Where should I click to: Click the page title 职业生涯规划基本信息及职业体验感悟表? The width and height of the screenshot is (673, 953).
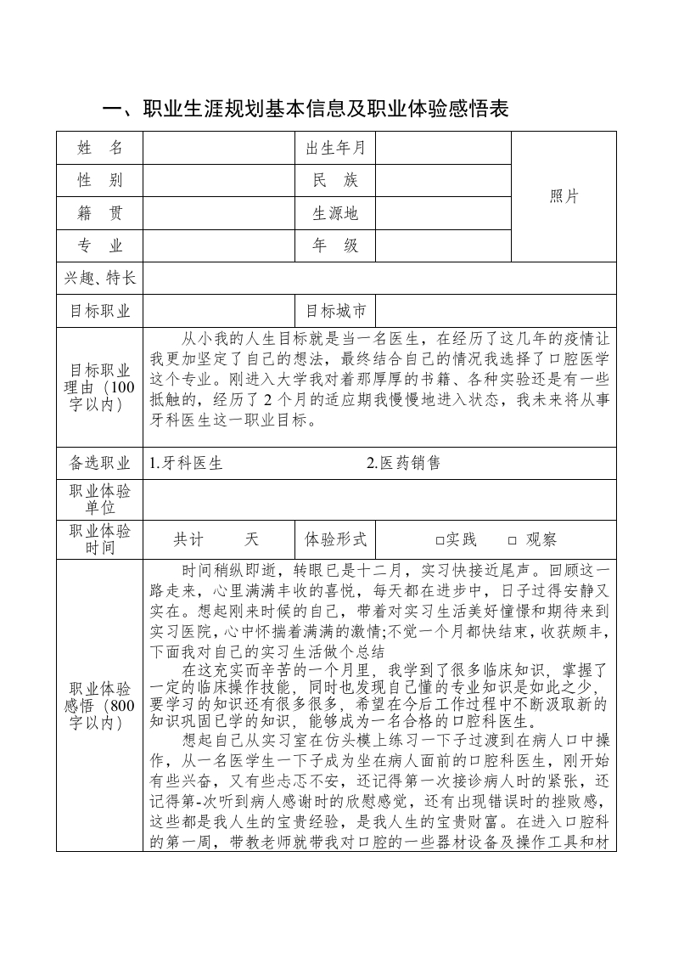[305, 110]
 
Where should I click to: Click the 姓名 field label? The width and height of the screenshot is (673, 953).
[100, 148]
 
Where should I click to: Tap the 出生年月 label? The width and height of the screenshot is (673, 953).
[335, 148]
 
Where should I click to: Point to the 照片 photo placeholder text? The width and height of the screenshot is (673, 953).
[564, 196]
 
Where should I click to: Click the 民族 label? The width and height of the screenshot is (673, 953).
[335, 180]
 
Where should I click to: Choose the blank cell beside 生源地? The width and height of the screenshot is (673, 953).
[443, 213]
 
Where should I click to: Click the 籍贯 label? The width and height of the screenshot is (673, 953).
[100, 213]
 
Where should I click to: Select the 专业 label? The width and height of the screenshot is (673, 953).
[100, 245]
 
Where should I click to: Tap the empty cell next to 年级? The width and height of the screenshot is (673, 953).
[443, 245]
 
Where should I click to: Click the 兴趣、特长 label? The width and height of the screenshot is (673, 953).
[100, 279]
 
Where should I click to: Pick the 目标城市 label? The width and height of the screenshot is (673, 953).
[335, 310]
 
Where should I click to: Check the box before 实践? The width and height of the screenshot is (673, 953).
[440, 540]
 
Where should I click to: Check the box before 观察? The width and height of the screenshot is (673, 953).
[512, 540]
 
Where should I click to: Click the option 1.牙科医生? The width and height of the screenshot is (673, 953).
[186, 463]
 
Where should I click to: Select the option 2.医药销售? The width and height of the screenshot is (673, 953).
[403, 463]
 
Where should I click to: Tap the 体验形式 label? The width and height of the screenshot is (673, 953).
[335, 539]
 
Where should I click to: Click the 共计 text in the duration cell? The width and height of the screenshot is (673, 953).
[189, 539]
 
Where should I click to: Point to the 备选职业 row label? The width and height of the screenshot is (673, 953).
[100, 463]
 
